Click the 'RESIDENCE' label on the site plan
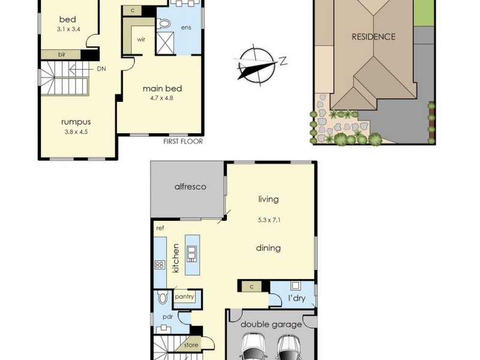(x=373, y=37)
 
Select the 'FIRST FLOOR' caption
(x=184, y=142)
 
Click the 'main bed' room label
(x=162, y=89)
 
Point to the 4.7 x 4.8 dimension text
(x=162, y=99)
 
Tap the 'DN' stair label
(x=101, y=69)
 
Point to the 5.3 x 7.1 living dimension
(x=269, y=220)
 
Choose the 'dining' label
(x=268, y=248)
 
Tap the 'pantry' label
(x=184, y=297)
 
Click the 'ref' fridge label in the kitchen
(x=160, y=229)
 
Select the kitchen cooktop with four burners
(x=160, y=264)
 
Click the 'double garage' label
(x=271, y=325)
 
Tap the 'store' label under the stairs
(x=191, y=344)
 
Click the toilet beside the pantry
(x=163, y=297)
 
